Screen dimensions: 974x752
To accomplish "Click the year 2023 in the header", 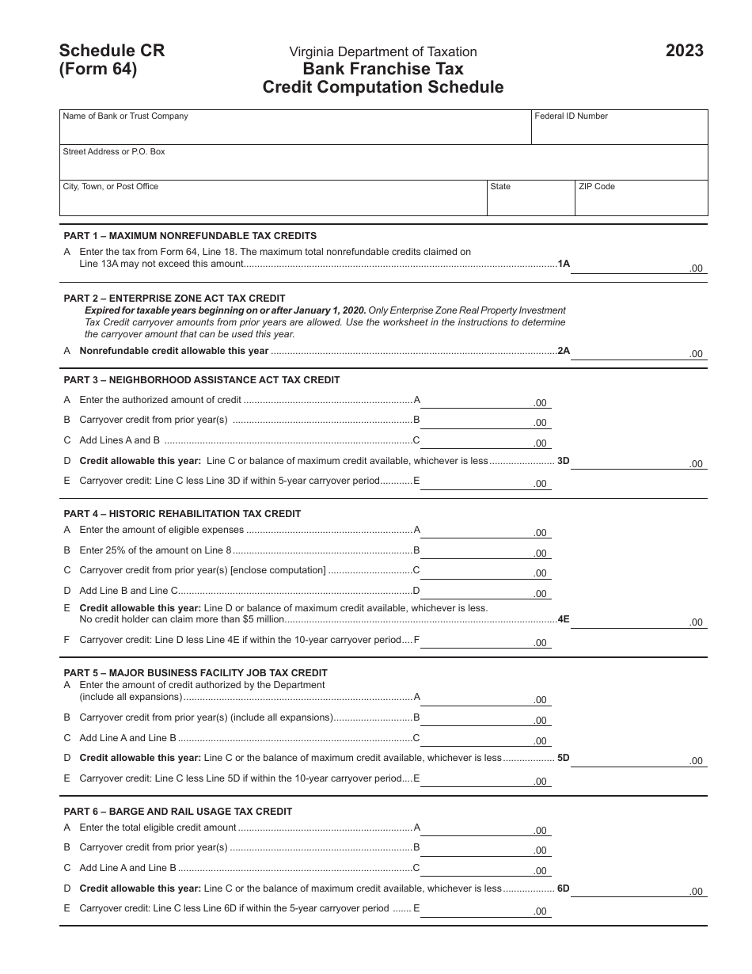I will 684,51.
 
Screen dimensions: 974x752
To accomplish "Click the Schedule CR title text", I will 112,51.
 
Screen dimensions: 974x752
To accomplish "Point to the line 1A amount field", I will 638,266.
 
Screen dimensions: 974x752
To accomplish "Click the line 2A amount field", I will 638,352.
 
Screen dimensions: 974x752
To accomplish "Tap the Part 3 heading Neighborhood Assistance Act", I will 202,380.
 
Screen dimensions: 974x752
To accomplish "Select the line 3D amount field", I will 638,462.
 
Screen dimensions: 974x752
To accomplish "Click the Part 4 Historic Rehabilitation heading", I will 182,514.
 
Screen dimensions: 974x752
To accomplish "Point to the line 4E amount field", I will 638,620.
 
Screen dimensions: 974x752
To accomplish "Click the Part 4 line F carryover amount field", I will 485,641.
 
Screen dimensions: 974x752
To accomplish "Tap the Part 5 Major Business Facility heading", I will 196,673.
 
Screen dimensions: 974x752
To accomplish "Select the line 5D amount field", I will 638,759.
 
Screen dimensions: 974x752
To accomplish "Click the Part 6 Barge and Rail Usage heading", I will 178,812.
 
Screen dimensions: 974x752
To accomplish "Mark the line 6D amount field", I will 638,889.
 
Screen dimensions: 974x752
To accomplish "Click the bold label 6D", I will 563,888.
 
